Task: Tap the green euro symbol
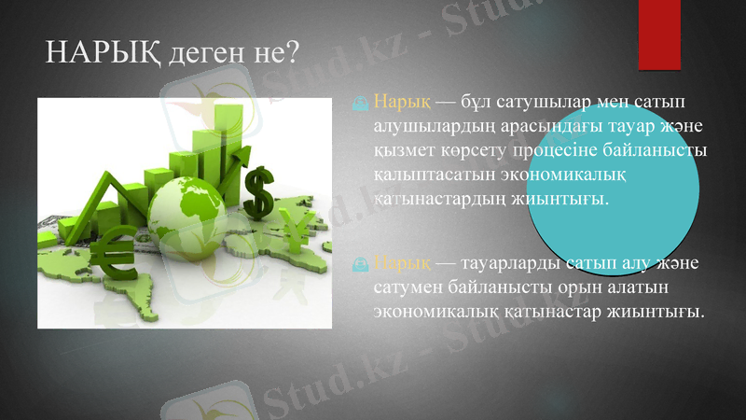tap(115, 252)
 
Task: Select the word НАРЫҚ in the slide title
tap(104, 53)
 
